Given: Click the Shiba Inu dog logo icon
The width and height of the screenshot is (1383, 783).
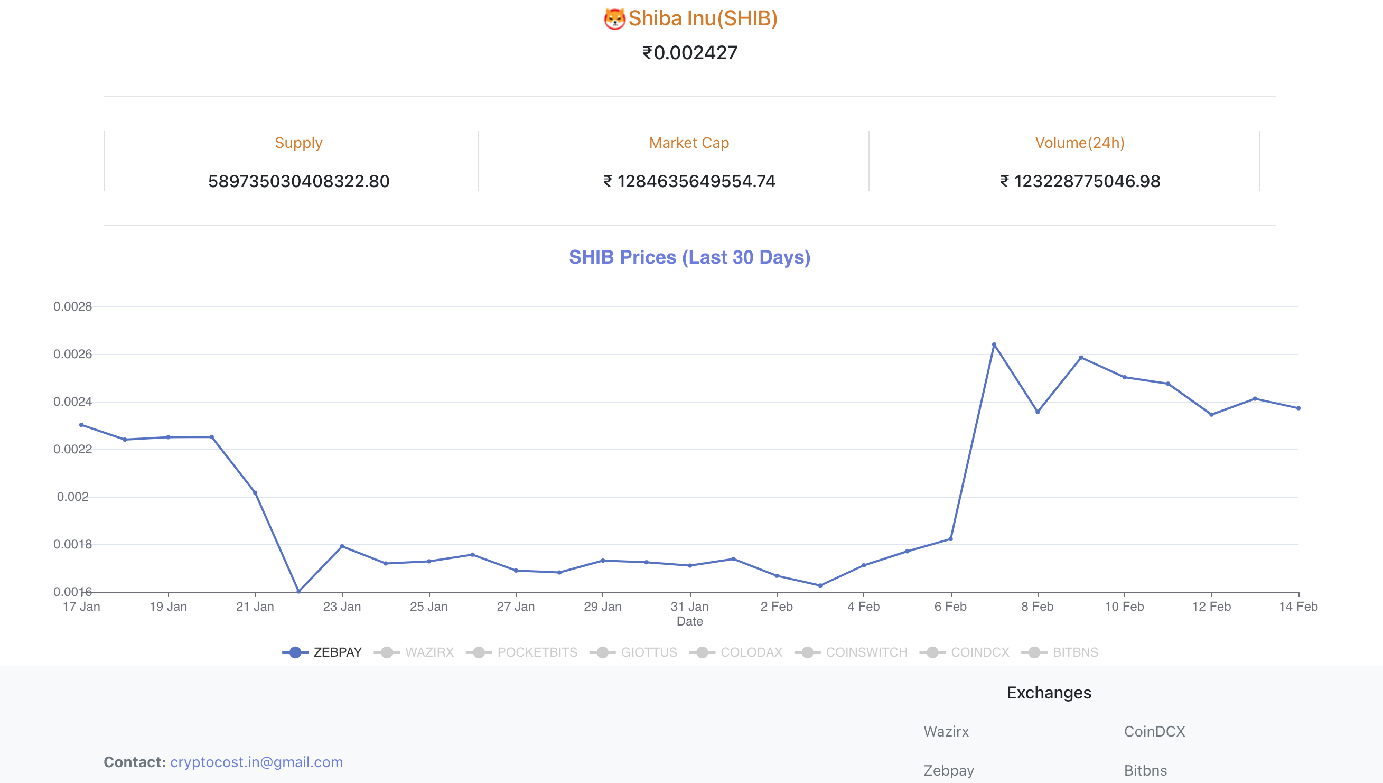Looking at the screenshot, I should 614,19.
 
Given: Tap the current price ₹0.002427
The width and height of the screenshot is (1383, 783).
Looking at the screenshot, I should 690,53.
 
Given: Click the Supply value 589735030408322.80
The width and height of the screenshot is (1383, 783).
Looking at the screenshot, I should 298,181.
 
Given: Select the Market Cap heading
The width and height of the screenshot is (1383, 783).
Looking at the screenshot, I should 689,143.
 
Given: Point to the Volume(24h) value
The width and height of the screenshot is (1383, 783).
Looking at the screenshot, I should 1080,181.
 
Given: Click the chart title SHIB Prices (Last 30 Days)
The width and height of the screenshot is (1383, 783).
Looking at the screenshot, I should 689,257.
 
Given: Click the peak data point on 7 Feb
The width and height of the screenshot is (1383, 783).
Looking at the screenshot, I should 994,344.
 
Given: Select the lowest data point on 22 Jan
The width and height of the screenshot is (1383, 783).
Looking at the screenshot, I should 299,592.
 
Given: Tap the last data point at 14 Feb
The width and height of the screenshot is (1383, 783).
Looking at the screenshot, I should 1298,408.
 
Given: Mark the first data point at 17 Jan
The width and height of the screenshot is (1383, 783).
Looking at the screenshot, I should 81,425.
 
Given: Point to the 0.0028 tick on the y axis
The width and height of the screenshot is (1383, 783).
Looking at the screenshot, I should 72,306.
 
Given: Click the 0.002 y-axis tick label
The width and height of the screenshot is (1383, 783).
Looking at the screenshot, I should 72,496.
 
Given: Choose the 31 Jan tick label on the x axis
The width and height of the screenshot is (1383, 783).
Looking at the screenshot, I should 689,607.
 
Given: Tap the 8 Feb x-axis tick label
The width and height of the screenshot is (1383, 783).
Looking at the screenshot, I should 1038,607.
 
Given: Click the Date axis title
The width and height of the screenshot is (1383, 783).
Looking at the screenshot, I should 689,621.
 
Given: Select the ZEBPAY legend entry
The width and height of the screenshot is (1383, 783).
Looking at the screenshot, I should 323,652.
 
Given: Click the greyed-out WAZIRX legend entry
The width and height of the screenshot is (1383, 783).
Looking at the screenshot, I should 415,652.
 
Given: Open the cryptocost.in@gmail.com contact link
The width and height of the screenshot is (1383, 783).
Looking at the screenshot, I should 257,762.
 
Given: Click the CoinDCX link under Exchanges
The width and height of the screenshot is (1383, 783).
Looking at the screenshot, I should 1154,731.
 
